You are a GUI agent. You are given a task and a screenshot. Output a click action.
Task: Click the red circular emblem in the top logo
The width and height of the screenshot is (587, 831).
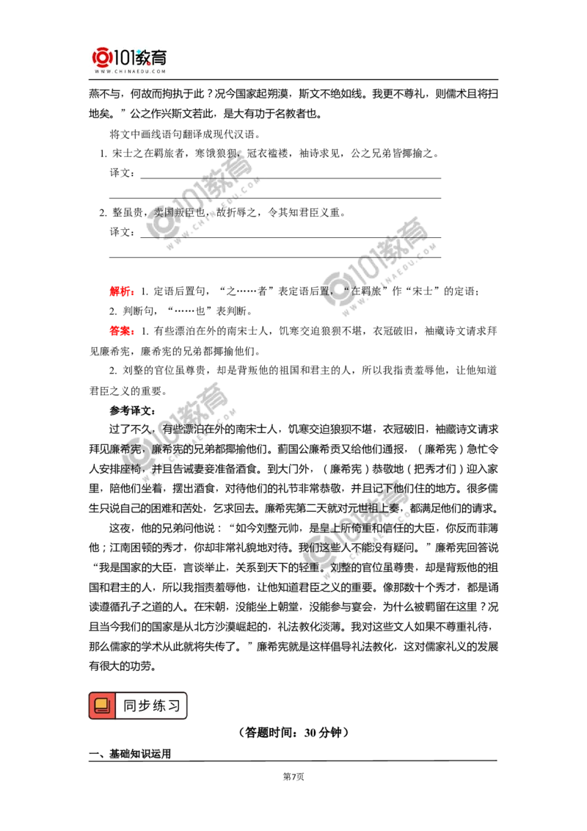coord(102,57)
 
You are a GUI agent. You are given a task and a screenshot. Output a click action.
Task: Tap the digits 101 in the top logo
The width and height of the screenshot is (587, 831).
coord(125,57)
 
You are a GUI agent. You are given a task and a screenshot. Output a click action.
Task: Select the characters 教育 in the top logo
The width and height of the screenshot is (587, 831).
coord(153,57)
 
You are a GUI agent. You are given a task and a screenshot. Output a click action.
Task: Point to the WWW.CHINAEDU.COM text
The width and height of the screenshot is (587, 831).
coord(130,72)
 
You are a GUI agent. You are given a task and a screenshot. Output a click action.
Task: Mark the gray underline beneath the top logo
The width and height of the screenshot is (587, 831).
coord(129,80)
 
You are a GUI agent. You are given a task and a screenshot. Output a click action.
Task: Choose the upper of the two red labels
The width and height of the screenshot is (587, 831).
coord(120,291)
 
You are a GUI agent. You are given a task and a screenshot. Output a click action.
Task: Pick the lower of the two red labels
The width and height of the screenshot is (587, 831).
coord(121,331)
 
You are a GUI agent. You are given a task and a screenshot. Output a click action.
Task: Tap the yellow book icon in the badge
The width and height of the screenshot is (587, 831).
coord(102,706)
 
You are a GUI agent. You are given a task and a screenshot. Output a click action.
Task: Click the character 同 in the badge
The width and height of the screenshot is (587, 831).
coord(130,706)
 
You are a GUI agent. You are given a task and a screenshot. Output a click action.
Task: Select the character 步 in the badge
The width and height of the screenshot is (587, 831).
coord(145,706)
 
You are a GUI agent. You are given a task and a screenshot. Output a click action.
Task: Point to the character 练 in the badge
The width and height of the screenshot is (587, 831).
coord(159,706)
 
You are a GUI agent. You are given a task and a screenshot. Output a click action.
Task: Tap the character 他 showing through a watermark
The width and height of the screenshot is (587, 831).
coord(400,489)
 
